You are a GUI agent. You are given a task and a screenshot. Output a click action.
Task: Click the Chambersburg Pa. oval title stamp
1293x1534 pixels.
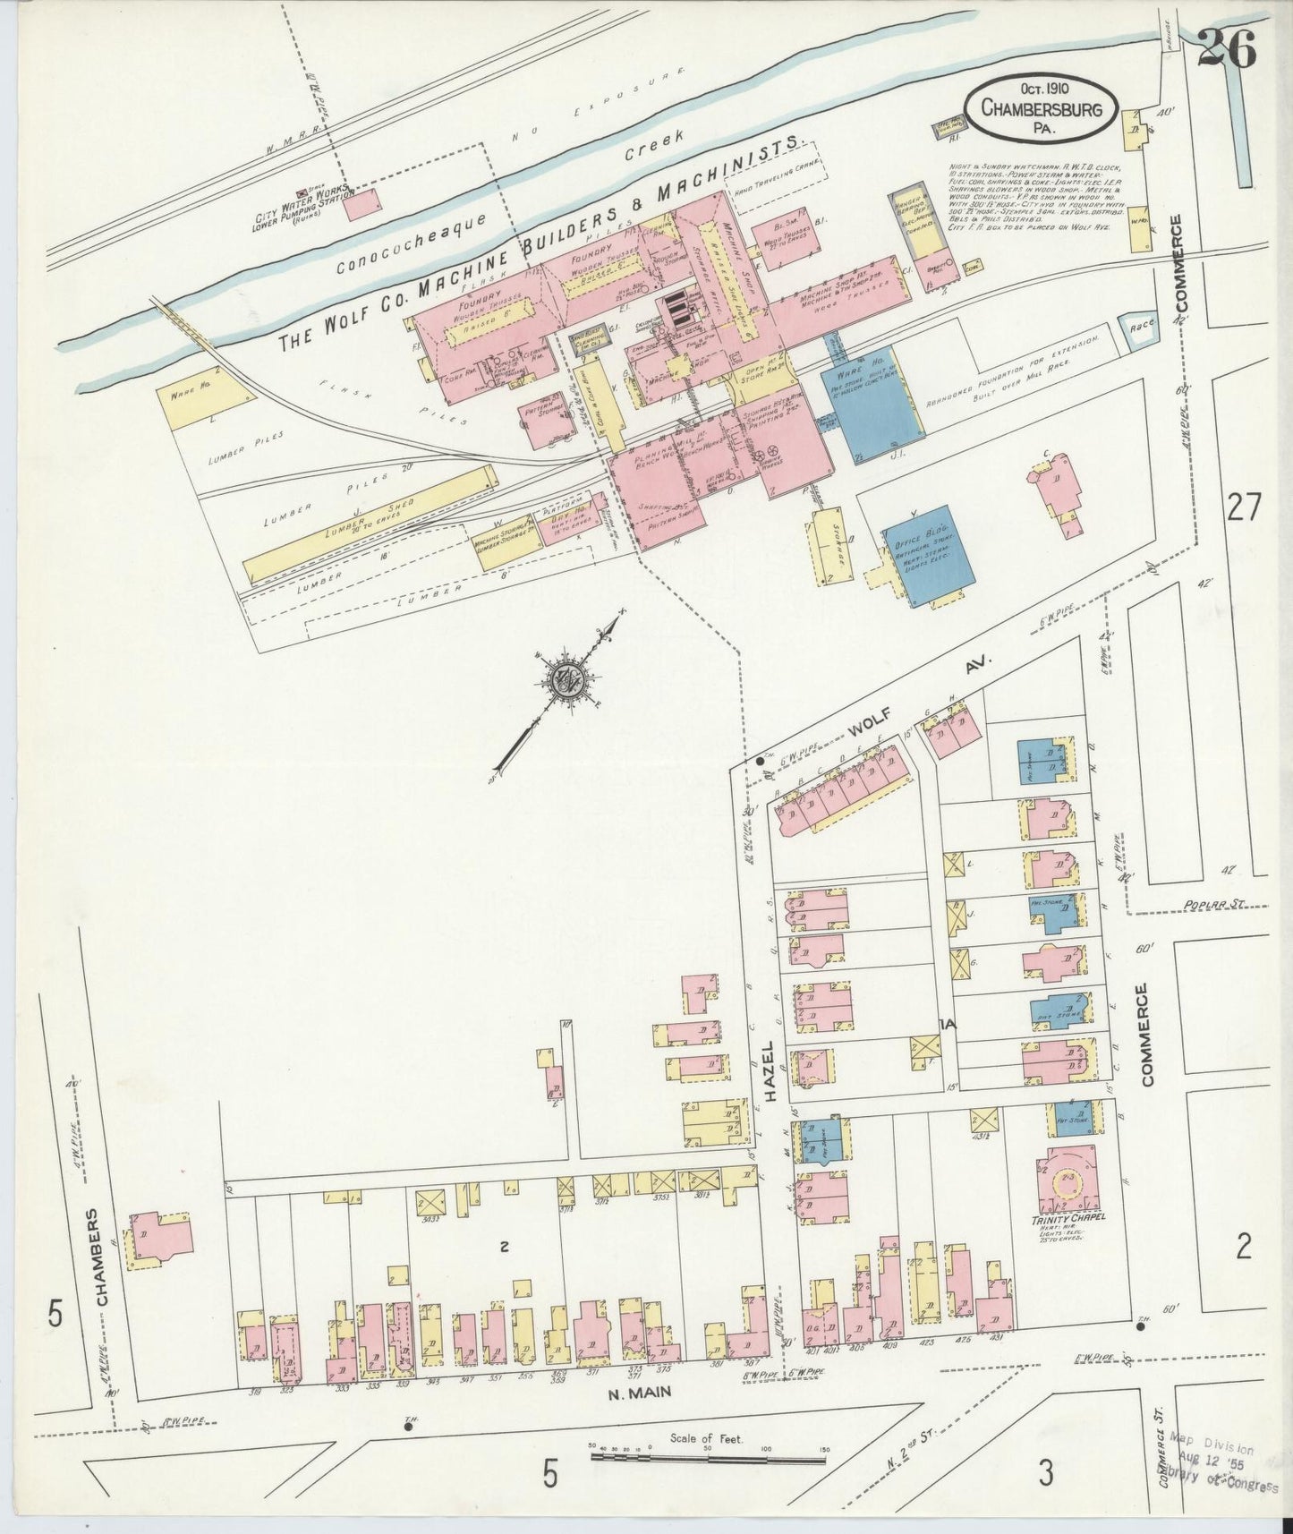tap(1041, 107)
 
